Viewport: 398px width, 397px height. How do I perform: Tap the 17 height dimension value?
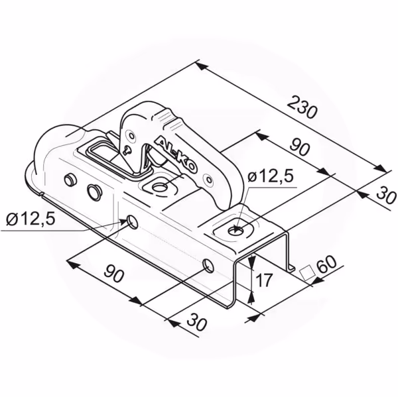click(264, 280)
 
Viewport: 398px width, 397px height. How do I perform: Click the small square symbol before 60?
click(307, 272)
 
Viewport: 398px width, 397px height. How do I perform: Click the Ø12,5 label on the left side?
click(31, 219)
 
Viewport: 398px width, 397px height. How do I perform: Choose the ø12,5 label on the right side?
click(270, 176)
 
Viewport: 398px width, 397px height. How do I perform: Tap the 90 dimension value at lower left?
click(114, 272)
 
